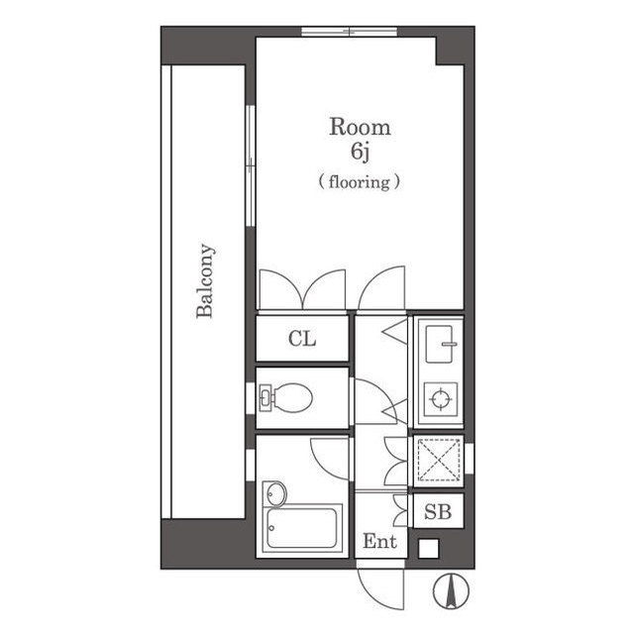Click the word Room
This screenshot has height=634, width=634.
tap(360, 127)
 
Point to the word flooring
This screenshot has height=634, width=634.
tap(360, 182)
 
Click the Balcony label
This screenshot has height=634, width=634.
tap(205, 280)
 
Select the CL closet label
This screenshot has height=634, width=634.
tap(302, 339)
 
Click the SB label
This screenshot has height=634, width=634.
tap(438, 512)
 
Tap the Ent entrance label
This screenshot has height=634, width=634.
tap(379, 541)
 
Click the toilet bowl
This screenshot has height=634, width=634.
tap(292, 397)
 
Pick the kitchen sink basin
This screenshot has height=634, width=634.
tap(439, 344)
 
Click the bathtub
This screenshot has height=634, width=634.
tap(301, 528)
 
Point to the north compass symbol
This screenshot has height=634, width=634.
tap(451, 590)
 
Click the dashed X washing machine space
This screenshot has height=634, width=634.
tap(439, 460)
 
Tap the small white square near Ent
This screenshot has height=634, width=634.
tap(428, 549)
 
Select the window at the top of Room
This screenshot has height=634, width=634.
tap(350, 32)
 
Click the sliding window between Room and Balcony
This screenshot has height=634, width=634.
tap(251, 165)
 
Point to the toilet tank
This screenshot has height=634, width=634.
tap(264, 397)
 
